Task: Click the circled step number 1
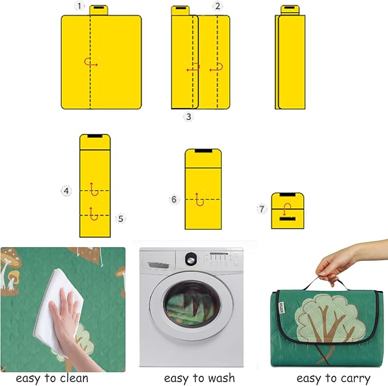click(x=79, y=6)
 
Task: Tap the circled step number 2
click(x=218, y=6)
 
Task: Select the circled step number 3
click(x=189, y=116)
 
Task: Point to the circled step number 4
click(x=66, y=191)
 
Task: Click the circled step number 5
click(x=121, y=218)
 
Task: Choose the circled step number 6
click(x=174, y=200)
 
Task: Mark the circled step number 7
click(x=262, y=209)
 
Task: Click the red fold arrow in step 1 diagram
click(x=90, y=62)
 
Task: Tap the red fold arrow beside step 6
click(x=199, y=200)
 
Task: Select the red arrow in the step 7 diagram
click(x=287, y=209)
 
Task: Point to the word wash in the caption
click(x=222, y=378)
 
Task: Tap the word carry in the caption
click(x=356, y=379)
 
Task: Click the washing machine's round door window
click(x=192, y=304)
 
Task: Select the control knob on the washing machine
click(x=191, y=259)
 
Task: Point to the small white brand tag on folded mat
click(x=281, y=308)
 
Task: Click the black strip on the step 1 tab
click(x=99, y=8)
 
